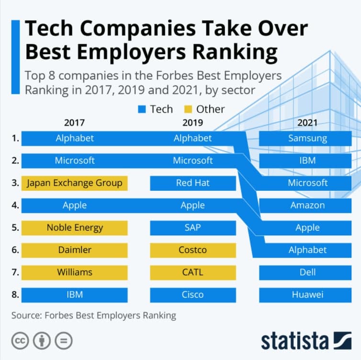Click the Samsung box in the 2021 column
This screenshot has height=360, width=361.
[x=307, y=139]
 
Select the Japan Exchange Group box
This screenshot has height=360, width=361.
[x=75, y=183]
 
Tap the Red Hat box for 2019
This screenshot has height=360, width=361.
[x=192, y=183]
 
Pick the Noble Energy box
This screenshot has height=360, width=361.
[x=75, y=228]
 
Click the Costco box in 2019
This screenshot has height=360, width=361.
[x=192, y=250]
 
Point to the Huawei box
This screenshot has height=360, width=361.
[x=307, y=295]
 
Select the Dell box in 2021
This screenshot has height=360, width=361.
[x=307, y=272]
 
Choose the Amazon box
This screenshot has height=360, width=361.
[x=307, y=205]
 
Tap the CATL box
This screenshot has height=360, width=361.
[x=192, y=272]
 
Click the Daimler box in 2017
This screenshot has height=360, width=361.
[x=75, y=250]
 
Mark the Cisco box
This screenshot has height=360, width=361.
[x=192, y=295]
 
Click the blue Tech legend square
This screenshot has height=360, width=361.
[x=141, y=109]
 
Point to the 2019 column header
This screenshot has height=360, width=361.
[x=192, y=123]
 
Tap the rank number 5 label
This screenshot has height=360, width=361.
[x=15, y=228]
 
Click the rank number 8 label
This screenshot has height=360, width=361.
[x=15, y=295]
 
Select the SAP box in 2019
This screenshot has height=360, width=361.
[x=192, y=228]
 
